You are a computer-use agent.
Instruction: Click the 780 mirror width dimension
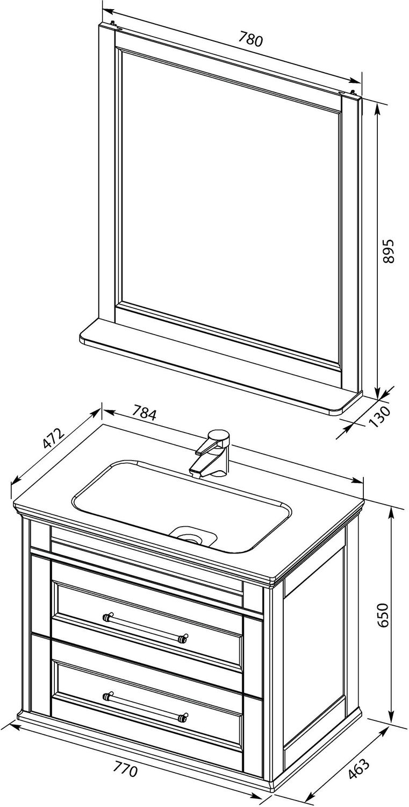coord(250,40)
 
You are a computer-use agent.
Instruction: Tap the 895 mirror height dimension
coord(389,251)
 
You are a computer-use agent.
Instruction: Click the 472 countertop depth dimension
coord(53,438)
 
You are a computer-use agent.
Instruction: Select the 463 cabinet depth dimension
coord(358,767)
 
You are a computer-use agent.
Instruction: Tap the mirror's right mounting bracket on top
coord(354,93)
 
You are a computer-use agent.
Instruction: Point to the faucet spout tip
coord(195,473)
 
